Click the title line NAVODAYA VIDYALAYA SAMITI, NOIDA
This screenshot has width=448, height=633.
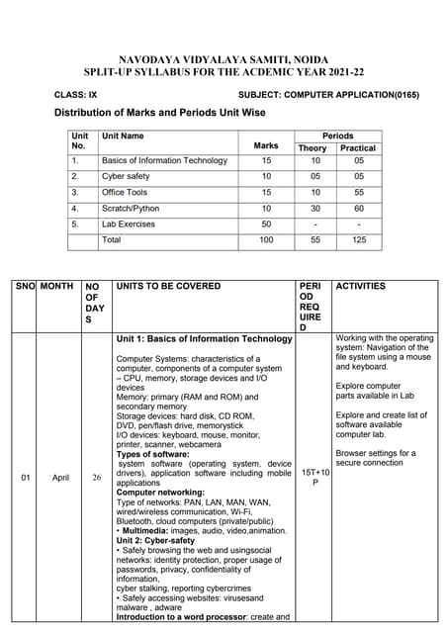point(224,59)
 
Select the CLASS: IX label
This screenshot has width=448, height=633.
point(76,94)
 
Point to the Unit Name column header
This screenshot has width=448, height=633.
point(123,136)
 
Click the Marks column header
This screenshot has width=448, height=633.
point(266,146)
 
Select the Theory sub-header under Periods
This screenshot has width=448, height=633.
point(312,148)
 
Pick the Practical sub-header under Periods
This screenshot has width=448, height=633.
point(358,148)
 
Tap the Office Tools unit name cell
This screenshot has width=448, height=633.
point(125,192)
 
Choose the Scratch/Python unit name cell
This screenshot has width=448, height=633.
point(130,208)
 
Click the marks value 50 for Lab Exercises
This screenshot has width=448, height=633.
point(266,224)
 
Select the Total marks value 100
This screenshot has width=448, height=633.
point(266,239)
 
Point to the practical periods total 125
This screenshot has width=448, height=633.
point(358,239)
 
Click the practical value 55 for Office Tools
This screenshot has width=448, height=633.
point(358,192)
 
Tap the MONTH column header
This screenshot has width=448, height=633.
point(57,286)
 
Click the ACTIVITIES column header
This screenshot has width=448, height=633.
point(361,286)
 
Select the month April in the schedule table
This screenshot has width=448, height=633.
point(60,478)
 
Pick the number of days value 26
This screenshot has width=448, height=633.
point(96,478)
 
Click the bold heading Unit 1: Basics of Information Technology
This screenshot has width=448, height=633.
point(204,338)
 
